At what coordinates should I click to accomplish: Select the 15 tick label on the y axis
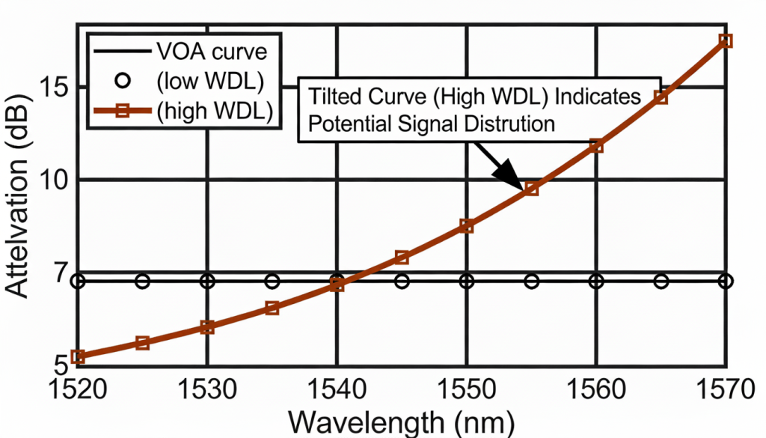(57, 87)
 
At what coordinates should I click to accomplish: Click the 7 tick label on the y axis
(63, 273)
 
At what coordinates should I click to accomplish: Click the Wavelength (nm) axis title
(402, 421)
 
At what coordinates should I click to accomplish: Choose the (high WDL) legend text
(214, 110)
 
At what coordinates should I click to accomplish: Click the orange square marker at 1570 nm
(725, 40)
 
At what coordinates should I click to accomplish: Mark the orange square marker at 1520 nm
(78, 356)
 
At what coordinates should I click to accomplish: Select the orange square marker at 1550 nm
(466, 225)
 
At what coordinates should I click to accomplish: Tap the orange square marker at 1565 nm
(661, 97)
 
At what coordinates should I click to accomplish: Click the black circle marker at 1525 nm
(142, 282)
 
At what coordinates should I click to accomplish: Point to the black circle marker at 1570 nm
(725, 282)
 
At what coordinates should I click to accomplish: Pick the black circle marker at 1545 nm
(402, 282)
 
